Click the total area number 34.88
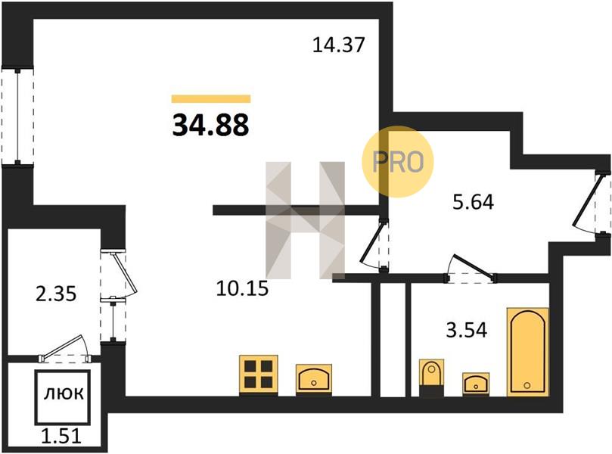(x=210, y=125)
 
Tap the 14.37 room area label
(x=338, y=45)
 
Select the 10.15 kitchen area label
(x=242, y=288)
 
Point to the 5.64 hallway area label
(x=473, y=202)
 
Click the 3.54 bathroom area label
(x=467, y=330)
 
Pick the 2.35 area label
(x=56, y=294)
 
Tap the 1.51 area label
(x=61, y=436)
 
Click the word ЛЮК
(x=64, y=394)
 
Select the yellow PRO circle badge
(x=398, y=161)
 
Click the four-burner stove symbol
(x=259, y=375)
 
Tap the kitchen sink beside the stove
(x=314, y=379)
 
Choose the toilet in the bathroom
(x=431, y=378)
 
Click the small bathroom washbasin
(x=476, y=384)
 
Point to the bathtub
(x=527, y=352)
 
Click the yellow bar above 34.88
(x=211, y=99)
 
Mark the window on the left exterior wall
(x=17, y=117)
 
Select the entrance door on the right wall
(x=593, y=203)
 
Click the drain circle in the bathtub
(x=527, y=386)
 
